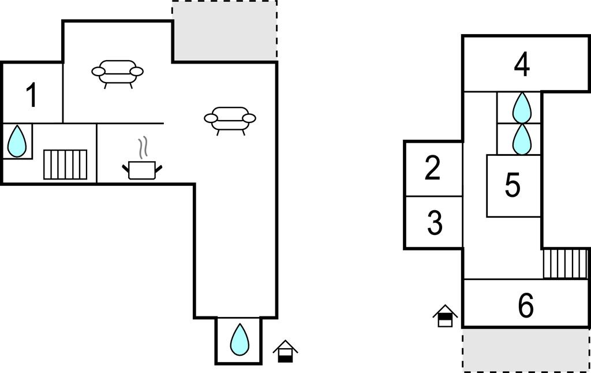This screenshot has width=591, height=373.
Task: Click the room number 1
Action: pyautogui.click(x=32, y=95)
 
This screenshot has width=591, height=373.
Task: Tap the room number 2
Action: pyautogui.click(x=433, y=168)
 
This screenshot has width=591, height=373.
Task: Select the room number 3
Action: pyautogui.click(x=435, y=223)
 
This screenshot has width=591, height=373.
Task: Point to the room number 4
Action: pyautogui.click(x=522, y=65)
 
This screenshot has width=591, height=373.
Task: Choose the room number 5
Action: pyautogui.click(x=513, y=185)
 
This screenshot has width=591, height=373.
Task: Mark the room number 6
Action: pyautogui.click(x=526, y=306)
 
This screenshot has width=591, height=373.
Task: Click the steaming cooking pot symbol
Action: pyautogui.click(x=142, y=169)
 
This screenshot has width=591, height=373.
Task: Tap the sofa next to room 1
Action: pyautogui.click(x=117, y=72)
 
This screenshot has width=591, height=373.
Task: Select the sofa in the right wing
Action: pyautogui.click(x=230, y=118)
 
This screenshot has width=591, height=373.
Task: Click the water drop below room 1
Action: pyautogui.click(x=17, y=141)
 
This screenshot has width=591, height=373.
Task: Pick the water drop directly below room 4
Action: pyautogui.click(x=522, y=107)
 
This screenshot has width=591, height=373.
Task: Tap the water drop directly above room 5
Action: pyautogui.click(x=522, y=139)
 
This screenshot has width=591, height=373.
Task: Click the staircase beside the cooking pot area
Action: pyautogui.click(x=65, y=165)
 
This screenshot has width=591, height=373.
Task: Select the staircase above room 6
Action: pyautogui.click(x=565, y=263)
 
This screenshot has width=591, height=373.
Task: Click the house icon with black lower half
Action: pyautogui.click(x=285, y=352)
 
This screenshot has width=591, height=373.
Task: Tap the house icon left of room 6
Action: pyautogui.click(x=445, y=316)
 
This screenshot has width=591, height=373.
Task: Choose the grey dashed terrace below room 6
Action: pyautogui.click(x=525, y=349)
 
